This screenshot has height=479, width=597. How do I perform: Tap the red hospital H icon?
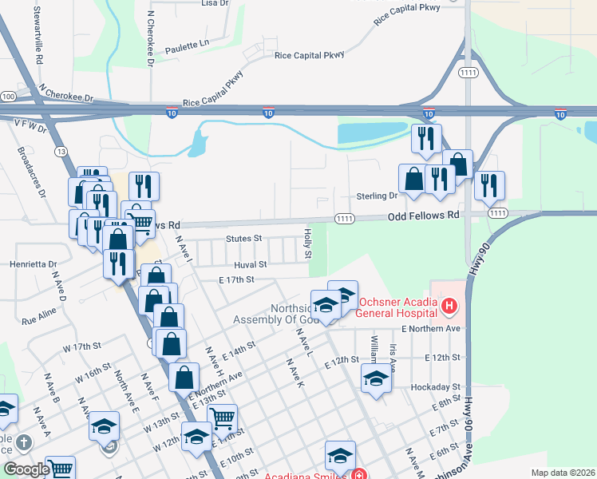450,305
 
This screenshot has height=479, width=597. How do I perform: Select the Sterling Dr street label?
376,196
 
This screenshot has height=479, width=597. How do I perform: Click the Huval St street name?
250,263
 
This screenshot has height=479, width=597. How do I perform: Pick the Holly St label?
307,243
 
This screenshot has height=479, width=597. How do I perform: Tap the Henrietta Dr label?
34,263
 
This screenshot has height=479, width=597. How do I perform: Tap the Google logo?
26,469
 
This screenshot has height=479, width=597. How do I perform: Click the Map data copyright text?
562,473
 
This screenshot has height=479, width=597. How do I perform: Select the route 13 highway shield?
61,150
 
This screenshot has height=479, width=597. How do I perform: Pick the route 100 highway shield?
8,97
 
